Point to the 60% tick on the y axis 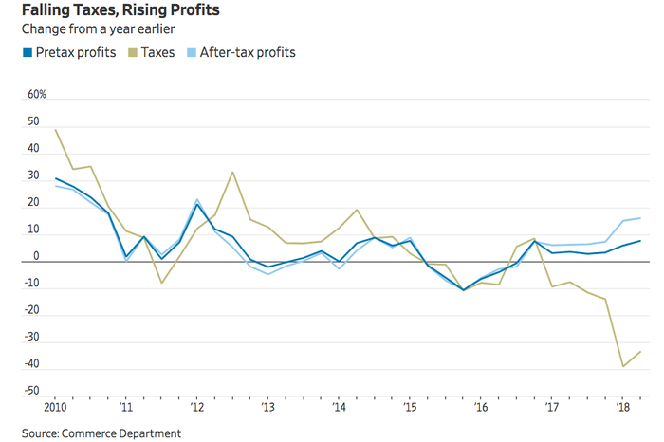37,96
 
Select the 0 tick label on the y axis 37,256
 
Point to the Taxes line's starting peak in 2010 56,130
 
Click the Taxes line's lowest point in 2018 623,366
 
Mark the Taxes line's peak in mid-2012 233,173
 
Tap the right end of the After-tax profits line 640,218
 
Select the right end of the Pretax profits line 640,241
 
